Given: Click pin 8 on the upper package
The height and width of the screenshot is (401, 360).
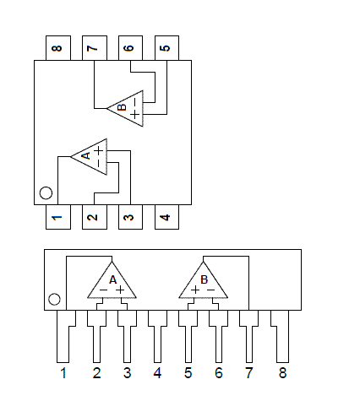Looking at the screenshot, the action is [x=58, y=48].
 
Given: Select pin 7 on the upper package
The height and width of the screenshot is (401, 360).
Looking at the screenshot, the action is [x=95, y=48].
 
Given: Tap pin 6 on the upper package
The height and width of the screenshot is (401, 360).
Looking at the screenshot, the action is [x=130, y=48].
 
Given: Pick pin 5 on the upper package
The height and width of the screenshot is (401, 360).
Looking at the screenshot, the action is [x=166, y=48].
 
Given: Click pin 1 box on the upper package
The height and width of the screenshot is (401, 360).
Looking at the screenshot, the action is [x=58, y=217].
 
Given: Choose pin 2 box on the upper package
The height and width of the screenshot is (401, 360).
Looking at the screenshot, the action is [x=95, y=217].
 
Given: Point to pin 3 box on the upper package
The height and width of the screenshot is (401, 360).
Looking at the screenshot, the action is [x=130, y=217].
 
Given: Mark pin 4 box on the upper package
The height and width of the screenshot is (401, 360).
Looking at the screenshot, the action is [x=166, y=217].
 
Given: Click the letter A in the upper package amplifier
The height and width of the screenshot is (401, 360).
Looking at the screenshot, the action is [x=86, y=155].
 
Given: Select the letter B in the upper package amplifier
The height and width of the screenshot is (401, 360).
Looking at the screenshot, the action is [x=123, y=107].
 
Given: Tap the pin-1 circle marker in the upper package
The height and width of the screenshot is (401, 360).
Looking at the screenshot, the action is [x=46, y=193].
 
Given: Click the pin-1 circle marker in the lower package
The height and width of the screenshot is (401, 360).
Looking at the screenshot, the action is [x=54, y=299].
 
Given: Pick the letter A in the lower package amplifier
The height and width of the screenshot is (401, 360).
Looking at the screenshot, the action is [x=112, y=280].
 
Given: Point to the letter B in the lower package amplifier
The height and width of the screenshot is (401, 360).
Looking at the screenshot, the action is [x=204, y=279].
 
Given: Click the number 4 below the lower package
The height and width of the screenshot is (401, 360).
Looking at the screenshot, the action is [x=157, y=373].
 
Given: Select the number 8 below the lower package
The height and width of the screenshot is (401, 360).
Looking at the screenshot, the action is [x=282, y=373].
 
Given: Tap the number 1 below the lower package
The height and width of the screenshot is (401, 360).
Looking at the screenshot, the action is [x=63, y=373].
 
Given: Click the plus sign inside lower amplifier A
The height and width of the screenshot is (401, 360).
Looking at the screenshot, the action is [x=120, y=290].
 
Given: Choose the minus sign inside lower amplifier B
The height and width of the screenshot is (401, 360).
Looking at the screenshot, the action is [x=211, y=290].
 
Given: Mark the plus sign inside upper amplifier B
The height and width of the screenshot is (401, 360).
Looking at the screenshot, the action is [x=135, y=114].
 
